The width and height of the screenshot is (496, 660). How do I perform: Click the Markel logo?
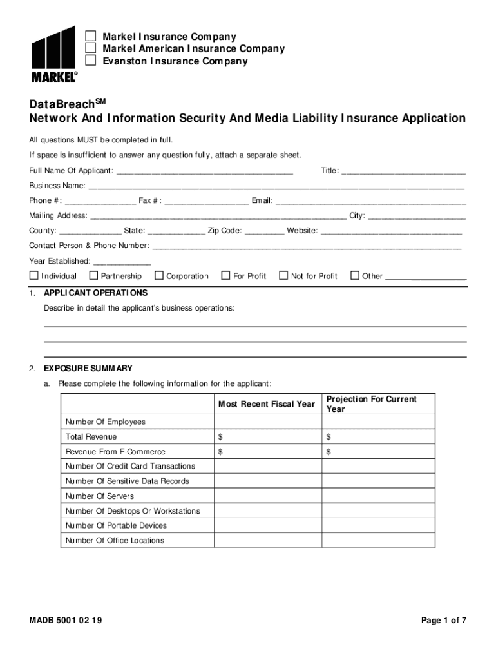click(54, 54)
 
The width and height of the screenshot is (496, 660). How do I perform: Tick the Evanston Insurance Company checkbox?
click(91, 61)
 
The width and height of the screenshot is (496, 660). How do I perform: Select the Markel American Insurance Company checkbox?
click(91, 48)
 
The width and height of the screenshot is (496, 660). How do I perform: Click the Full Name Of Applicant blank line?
click(204, 171)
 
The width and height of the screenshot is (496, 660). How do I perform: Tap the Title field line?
click(403, 171)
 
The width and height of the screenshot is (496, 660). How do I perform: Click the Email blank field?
click(370, 201)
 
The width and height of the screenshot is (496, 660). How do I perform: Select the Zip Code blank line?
click(264, 231)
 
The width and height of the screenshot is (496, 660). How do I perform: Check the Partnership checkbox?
click(93, 276)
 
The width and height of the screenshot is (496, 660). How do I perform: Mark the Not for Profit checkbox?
click(283, 276)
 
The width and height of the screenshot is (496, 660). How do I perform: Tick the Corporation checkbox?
click(159, 276)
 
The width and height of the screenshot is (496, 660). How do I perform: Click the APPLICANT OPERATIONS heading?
click(95, 293)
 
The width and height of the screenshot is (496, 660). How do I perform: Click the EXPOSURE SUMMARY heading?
click(88, 369)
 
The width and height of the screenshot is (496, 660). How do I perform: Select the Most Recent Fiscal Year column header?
click(267, 404)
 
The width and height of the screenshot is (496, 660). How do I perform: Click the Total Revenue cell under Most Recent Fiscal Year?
click(267, 437)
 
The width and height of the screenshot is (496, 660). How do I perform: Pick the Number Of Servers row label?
click(100, 496)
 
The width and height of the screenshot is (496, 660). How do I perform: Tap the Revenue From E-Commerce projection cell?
click(378, 452)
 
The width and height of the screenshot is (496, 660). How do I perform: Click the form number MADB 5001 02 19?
click(65, 621)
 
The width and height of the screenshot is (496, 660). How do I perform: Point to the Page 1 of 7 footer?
click(443, 621)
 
